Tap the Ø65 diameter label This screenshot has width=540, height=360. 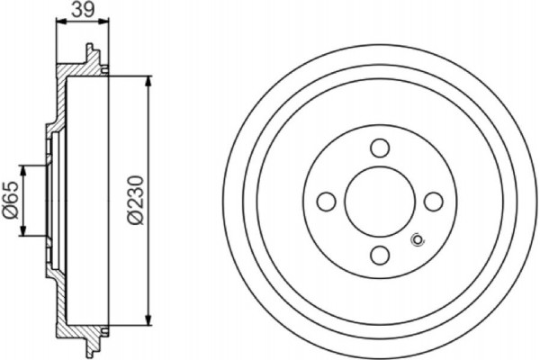pos(11,201)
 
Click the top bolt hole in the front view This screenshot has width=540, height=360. pos(379,148)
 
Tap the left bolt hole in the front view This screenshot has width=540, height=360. pos(327,201)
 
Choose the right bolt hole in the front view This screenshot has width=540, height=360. pos(431,201)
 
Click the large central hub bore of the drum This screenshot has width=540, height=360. pos(379,201)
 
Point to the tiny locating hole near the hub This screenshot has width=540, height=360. pos(416,239)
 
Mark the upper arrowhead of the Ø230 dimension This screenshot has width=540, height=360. pos(148,79)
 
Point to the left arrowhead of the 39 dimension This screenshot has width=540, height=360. pos(59,25)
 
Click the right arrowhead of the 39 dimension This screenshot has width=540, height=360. pos(104,25)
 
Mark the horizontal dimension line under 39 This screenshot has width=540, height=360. pos(82,25)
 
